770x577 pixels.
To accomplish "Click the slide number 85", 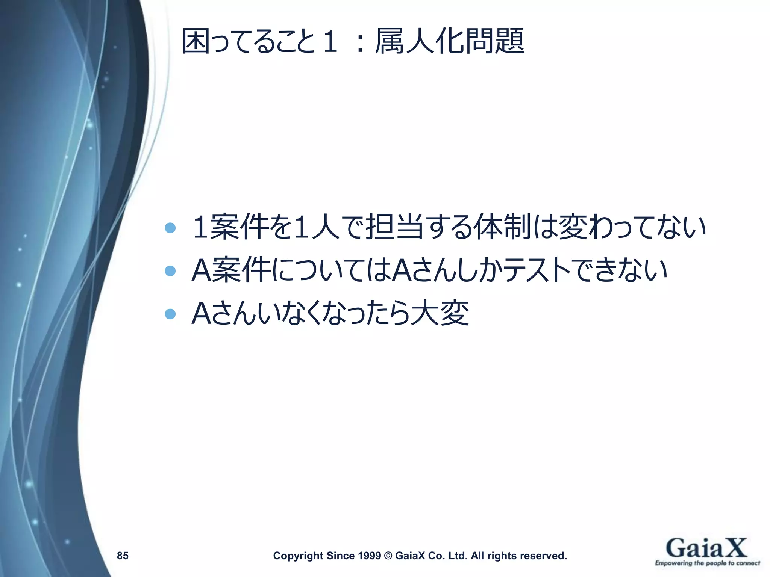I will (x=123, y=556).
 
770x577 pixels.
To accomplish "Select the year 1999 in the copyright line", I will (x=370, y=556).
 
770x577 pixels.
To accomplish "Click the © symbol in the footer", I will (x=388, y=556).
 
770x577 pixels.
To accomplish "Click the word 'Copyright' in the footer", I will (x=298, y=556).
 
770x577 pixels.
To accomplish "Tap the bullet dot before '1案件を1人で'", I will (x=170, y=228).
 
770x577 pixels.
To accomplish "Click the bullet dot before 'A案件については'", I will (x=170, y=271).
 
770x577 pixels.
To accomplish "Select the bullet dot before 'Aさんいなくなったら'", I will (x=170, y=314).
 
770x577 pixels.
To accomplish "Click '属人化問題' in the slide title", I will (x=450, y=41).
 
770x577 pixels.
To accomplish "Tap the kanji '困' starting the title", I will (x=196, y=41).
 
